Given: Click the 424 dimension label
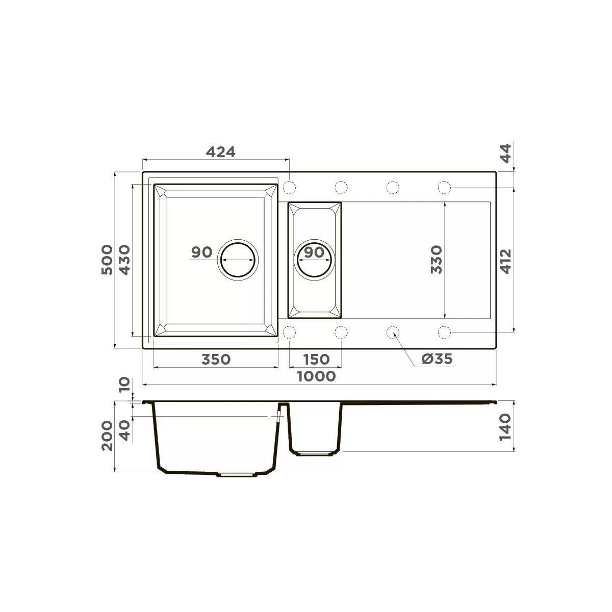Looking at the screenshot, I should click(221, 152).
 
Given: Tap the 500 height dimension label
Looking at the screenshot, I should click(107, 260).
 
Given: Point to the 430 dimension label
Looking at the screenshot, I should click(125, 260).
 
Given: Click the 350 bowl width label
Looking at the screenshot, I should click(216, 360).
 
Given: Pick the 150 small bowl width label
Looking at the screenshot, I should click(316, 360).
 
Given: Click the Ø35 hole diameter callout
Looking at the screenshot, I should click(437, 359).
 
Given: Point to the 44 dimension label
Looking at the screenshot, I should click(505, 153).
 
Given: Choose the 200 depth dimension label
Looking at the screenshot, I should click(107, 436).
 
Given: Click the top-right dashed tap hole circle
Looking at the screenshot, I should click(444, 188).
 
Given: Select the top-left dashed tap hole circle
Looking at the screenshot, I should click(289, 188).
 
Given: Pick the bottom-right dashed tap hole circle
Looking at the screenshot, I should click(444, 332).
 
